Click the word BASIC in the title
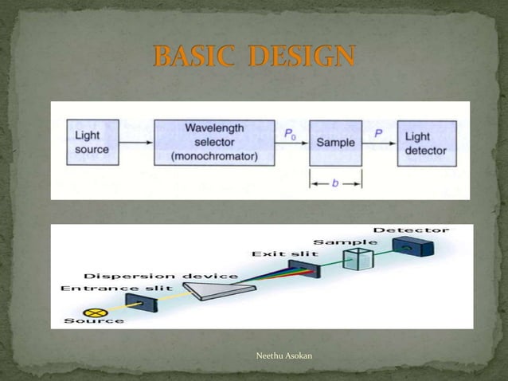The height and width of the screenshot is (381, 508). pos(193,57)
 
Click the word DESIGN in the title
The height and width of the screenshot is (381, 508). pos(299,57)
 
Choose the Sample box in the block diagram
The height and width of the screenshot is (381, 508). pos(335,143)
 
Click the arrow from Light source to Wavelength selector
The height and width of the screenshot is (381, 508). pos(136,144)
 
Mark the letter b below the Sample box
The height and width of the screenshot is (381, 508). pos(336,183)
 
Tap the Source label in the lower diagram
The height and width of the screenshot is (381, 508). pos(94,320)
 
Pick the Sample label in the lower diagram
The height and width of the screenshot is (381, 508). pos(345,240)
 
